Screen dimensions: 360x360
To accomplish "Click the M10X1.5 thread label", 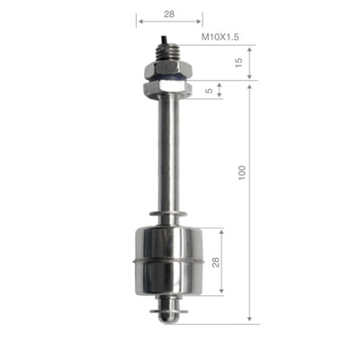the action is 220,37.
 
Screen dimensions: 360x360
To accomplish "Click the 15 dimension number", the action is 238,62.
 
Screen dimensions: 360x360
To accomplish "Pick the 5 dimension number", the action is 210,90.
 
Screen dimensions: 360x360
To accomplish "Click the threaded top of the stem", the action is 168,53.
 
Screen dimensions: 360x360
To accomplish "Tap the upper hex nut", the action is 168,70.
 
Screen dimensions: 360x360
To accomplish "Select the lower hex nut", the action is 168,87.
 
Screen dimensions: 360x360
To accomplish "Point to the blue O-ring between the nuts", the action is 168,79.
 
